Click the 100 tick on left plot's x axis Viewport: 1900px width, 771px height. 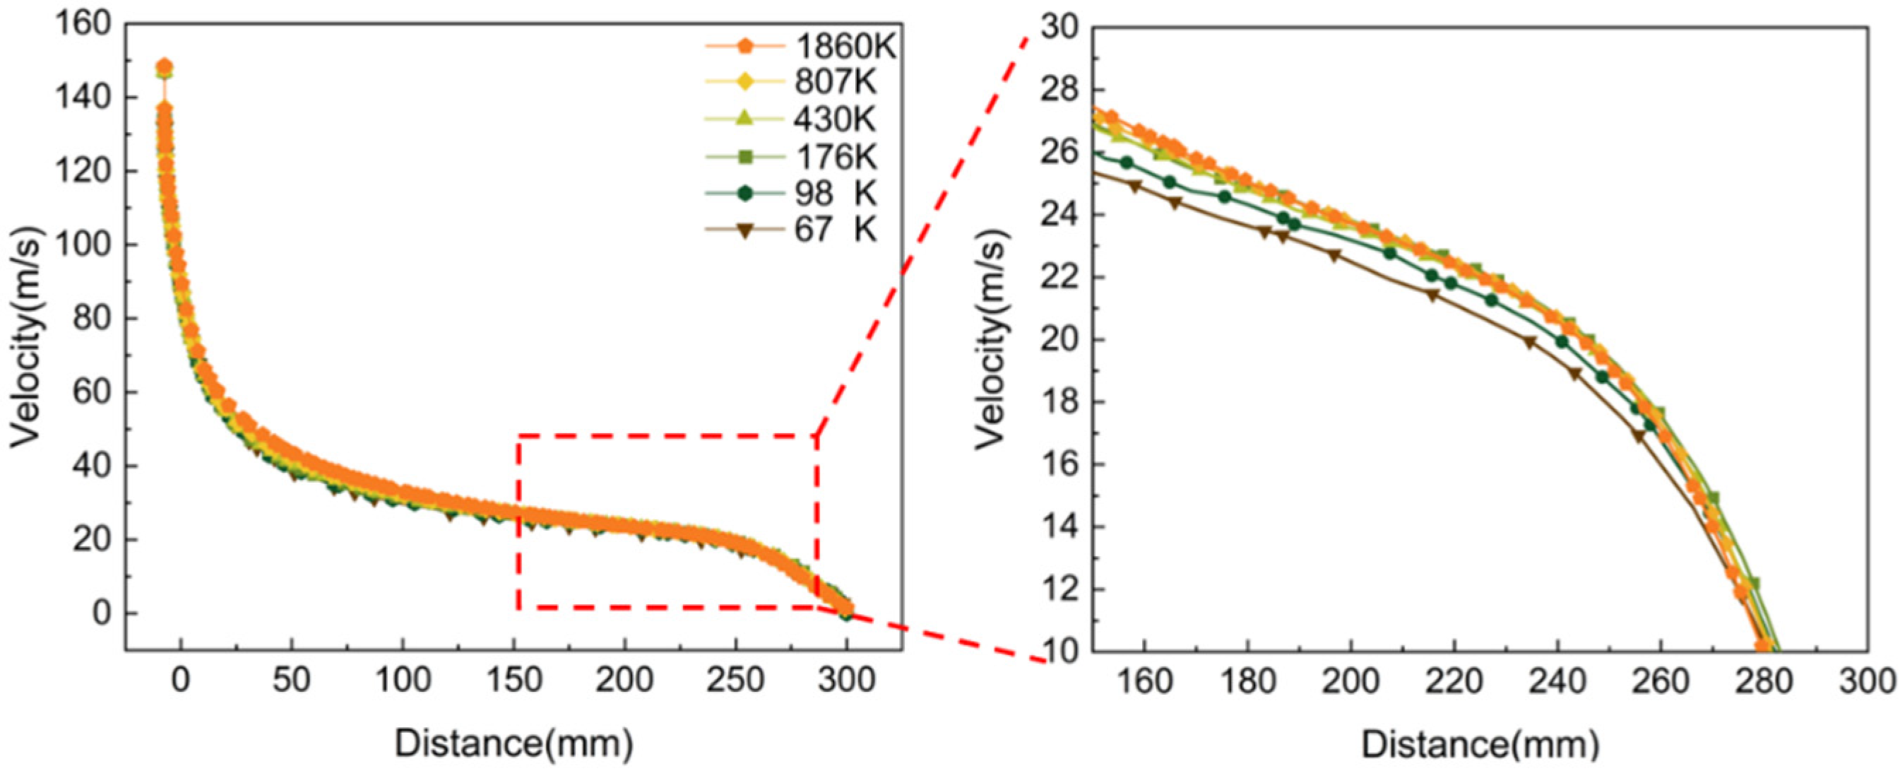coord(402,680)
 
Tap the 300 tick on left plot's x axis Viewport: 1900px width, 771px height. coord(847,680)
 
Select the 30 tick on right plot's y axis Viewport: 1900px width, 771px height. coord(1059,28)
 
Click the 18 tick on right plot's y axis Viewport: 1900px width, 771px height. coord(1059,403)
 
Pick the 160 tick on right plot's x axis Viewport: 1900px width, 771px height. coord(1144,681)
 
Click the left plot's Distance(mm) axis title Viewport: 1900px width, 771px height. coord(514,743)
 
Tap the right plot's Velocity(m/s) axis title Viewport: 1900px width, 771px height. coord(990,339)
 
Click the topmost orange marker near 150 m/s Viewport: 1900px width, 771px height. coord(165,66)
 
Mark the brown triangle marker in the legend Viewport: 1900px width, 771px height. coord(745,231)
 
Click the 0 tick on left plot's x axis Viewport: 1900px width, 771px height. coord(182,680)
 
